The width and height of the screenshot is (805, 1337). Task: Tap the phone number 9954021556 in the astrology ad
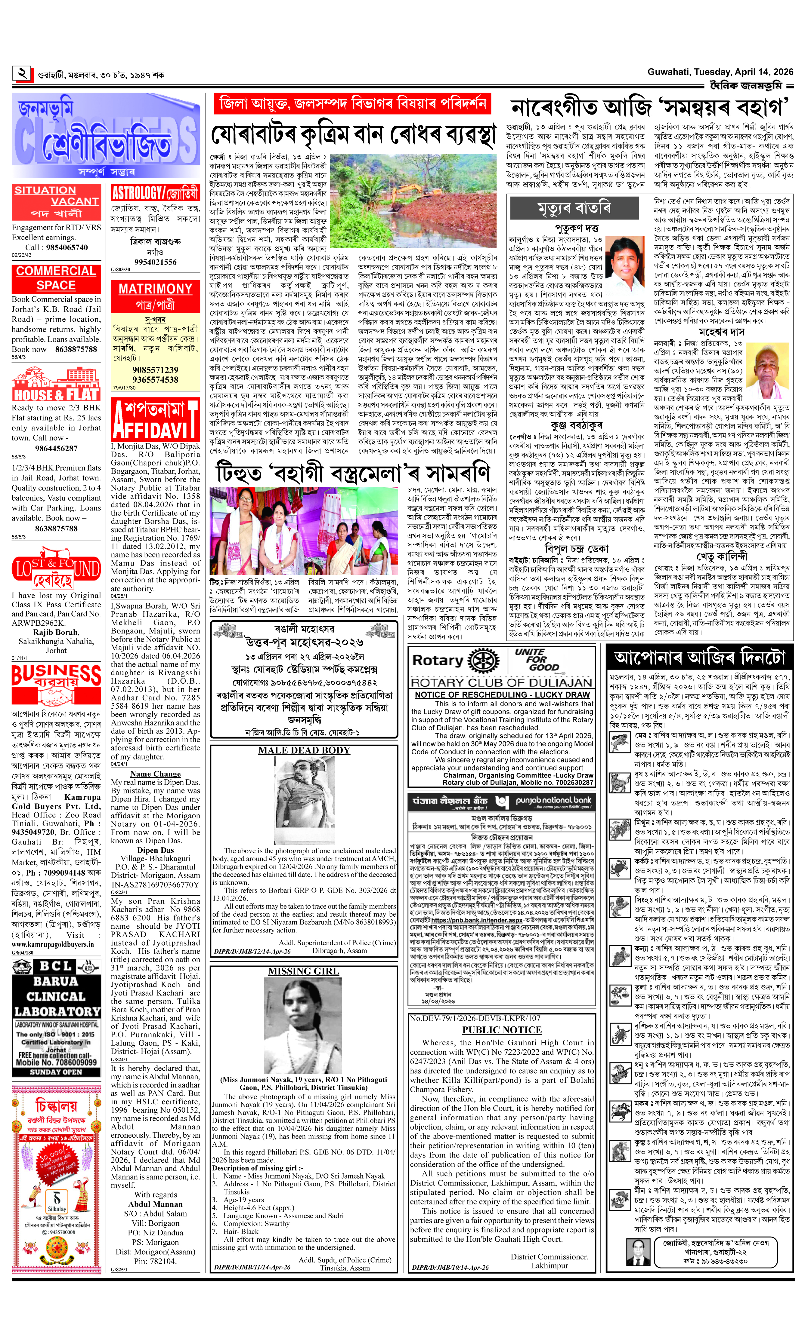[x=155, y=262]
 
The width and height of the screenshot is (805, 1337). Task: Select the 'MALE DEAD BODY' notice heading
[x=304, y=750]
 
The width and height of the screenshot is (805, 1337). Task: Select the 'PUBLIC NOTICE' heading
[x=502, y=1030]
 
